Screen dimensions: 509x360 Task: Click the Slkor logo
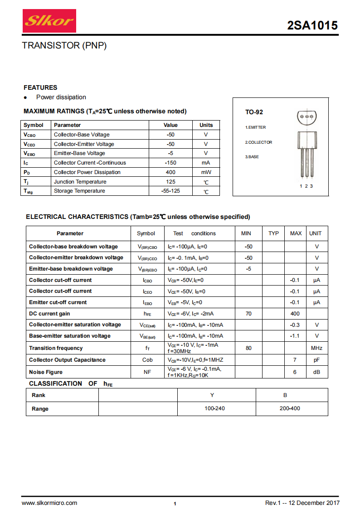coord(49,21)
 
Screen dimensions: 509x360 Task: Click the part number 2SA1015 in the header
coord(312,26)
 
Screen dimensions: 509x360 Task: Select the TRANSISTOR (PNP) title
coord(64,46)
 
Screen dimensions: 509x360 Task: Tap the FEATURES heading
coord(40,87)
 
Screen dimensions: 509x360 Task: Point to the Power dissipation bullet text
coord(61,97)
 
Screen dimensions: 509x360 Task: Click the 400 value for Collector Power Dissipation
coord(170,172)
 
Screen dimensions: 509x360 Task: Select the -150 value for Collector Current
coord(170,163)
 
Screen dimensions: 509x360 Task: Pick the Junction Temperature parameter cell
coord(79,182)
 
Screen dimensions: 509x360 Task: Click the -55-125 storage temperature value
coord(170,191)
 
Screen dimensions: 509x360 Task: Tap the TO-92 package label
coord(254,112)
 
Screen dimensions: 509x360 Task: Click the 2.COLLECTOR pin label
coord(259,142)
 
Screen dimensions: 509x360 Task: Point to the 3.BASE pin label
coord(252,157)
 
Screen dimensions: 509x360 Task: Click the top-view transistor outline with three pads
coord(306,117)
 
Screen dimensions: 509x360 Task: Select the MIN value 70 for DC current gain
coord(248,314)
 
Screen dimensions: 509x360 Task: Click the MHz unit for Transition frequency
coord(316,348)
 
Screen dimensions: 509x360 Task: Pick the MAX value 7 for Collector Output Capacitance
coord(295,360)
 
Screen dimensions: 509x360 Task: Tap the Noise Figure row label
coord(46,372)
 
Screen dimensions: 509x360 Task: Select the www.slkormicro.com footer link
coord(49,503)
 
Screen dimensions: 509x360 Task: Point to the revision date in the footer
coord(302,503)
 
